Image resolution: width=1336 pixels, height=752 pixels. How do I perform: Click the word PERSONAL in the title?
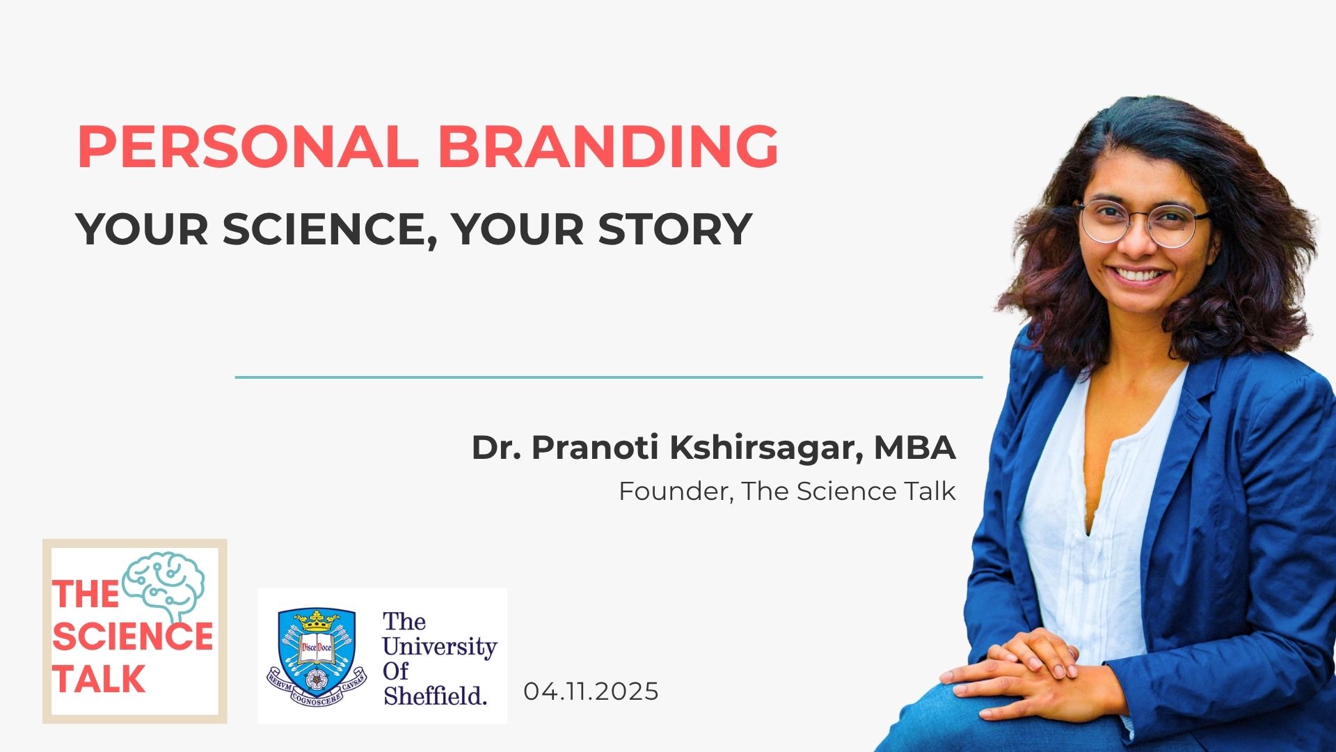tap(248, 147)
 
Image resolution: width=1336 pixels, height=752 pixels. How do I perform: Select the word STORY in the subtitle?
tap(675, 229)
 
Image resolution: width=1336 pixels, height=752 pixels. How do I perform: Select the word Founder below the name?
tap(674, 492)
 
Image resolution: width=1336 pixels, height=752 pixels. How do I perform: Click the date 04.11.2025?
tap(591, 691)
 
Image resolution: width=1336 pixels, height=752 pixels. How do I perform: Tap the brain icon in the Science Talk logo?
tap(164, 585)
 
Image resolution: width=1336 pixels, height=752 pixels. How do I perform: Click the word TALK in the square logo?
tap(99, 679)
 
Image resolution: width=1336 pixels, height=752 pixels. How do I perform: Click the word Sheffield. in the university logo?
tap(435, 695)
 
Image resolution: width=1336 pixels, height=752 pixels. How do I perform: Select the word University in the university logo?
tap(439, 646)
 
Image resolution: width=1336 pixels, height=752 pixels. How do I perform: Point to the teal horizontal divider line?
tap(609, 377)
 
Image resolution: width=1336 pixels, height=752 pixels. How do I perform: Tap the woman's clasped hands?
tap(1023, 668)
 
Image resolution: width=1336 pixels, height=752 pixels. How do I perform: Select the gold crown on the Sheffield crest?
tap(317, 620)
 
